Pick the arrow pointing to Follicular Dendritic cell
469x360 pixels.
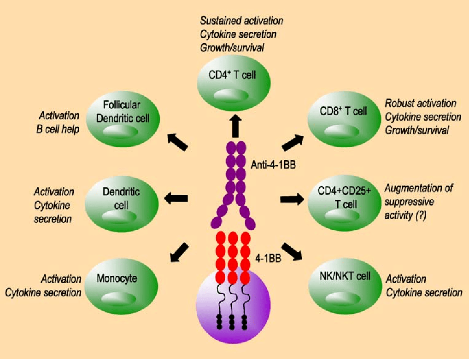click(177, 142)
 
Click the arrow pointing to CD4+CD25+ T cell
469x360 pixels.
click(293, 199)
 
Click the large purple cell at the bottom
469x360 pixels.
click(233, 304)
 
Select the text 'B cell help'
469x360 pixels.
click(58, 129)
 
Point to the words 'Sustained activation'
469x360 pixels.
click(241, 21)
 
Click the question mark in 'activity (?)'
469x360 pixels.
click(419, 215)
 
